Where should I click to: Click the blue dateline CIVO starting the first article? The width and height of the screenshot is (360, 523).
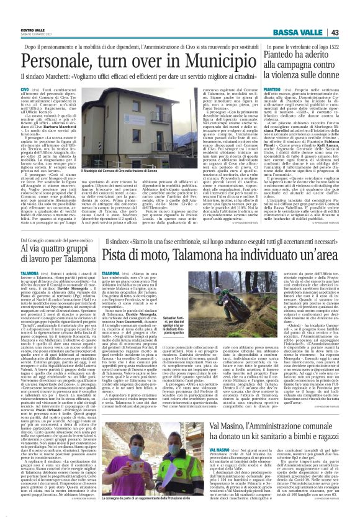coord(24,91)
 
